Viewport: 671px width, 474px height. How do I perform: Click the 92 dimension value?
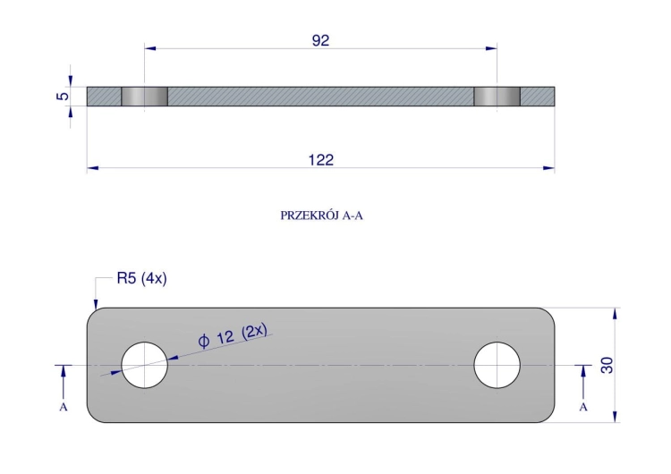(320, 40)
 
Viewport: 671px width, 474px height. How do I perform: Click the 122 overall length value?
(321, 160)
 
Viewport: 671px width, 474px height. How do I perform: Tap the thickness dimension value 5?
(63, 96)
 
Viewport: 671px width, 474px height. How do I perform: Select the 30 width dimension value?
(607, 365)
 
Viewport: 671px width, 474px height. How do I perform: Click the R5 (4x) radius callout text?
(141, 278)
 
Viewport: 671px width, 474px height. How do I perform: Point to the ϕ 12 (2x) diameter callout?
(233, 335)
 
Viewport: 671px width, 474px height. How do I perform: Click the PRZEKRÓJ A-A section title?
(321, 216)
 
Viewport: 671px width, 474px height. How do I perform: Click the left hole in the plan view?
(145, 365)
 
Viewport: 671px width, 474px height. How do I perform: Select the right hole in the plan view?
(497, 365)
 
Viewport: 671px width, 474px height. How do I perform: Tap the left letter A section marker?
(64, 407)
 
